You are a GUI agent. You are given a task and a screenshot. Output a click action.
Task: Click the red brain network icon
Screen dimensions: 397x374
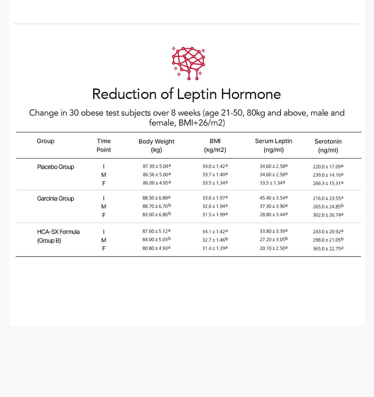(188, 63)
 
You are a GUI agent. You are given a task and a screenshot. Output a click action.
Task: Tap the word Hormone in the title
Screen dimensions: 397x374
(250, 94)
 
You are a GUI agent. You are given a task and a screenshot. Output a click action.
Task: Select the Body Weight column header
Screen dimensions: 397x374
(156, 146)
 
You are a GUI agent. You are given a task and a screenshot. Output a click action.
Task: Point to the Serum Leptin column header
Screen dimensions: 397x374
(274, 145)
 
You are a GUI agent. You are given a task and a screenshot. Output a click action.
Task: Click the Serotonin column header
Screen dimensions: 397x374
(328, 146)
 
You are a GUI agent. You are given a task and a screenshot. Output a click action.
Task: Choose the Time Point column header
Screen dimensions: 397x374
(104, 145)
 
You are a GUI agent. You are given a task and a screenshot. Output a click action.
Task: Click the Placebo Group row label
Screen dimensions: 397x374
(55, 167)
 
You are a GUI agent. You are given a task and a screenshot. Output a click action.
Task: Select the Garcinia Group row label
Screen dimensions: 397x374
(55, 199)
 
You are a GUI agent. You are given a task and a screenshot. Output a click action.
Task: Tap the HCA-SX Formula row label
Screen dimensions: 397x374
(58, 232)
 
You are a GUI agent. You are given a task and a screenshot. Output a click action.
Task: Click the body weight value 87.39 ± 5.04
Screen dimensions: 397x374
(157, 166)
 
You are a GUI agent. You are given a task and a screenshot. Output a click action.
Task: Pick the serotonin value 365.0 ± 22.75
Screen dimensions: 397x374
(328, 248)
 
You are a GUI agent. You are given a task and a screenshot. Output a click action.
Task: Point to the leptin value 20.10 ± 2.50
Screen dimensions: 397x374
(273, 248)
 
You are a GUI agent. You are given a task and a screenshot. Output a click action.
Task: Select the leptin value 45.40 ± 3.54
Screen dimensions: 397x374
(273, 198)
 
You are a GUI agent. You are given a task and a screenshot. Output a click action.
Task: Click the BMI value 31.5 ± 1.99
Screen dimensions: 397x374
(214, 214)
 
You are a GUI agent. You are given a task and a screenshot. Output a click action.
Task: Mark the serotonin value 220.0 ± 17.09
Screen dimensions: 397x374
(328, 166)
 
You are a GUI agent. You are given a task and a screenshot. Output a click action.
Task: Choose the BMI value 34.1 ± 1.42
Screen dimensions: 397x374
(214, 231)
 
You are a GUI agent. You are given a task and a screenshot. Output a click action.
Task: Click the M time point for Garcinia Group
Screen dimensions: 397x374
(104, 207)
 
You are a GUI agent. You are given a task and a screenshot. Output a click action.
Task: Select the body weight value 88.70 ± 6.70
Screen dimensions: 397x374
(157, 206)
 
